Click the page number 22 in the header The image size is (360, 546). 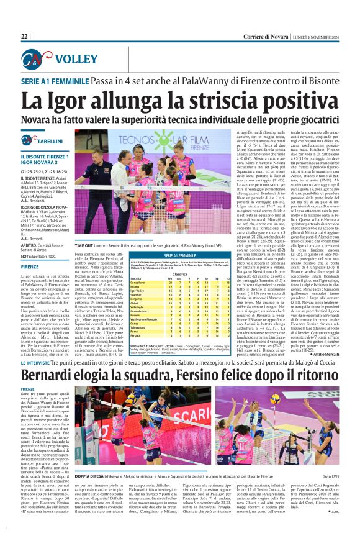pos(25,36)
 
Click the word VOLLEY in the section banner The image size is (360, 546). pos(69,60)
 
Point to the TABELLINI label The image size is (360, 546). pos(44,142)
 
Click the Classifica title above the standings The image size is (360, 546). pos(180,273)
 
